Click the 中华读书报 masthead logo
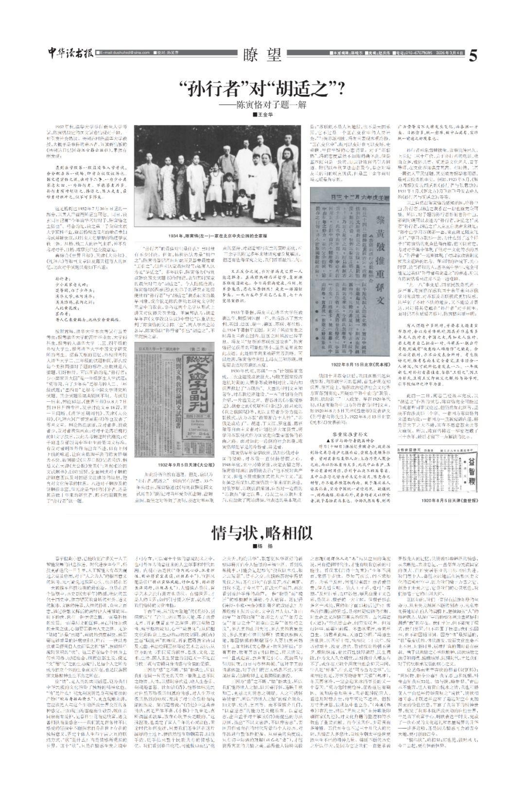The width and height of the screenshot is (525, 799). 71,54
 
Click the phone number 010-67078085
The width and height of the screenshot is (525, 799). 413,52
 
